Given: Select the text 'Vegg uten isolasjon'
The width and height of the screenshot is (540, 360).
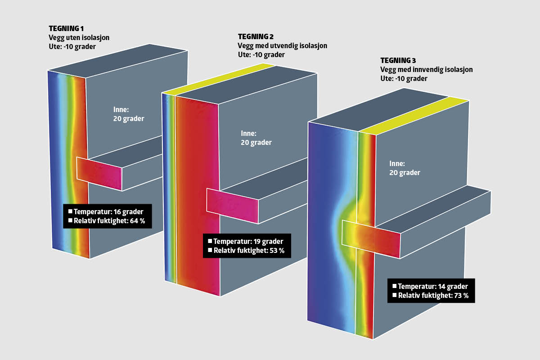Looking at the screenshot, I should click(x=79, y=38).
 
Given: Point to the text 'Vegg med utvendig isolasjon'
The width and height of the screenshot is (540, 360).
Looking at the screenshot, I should click(x=282, y=46).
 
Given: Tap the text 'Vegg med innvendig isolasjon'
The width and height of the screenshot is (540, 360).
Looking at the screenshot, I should click(x=426, y=70).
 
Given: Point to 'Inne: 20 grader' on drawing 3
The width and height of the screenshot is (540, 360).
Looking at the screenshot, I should click(x=405, y=168).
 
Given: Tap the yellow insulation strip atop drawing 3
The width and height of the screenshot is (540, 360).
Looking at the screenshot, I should click(x=414, y=115).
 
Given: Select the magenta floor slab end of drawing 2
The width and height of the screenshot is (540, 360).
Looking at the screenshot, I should click(x=232, y=205).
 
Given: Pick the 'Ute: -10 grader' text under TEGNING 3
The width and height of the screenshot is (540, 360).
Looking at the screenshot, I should click(x=404, y=79).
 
